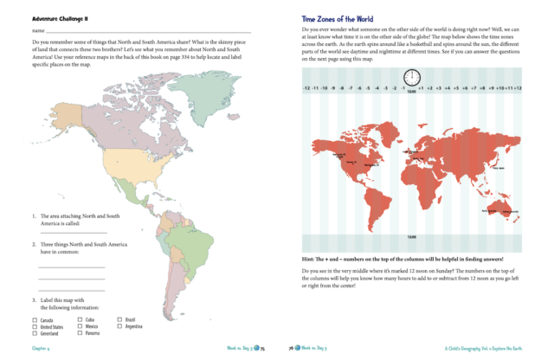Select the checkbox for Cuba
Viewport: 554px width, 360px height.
80,319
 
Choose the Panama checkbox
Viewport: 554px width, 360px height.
80,332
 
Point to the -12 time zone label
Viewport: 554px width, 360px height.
306,88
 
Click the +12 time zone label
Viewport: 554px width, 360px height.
517,88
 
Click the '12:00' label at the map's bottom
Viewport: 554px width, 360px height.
411,235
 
